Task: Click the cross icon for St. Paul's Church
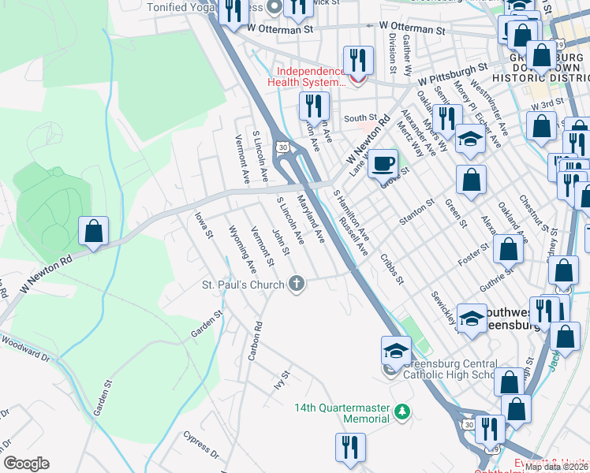[297, 284]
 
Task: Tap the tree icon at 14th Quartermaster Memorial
[402, 411]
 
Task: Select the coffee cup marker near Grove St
[383, 163]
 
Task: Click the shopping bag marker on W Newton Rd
[93, 232]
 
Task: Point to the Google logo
[26, 464]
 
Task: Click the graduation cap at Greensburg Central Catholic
[396, 349]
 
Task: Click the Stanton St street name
[416, 213]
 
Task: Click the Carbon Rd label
[255, 341]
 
